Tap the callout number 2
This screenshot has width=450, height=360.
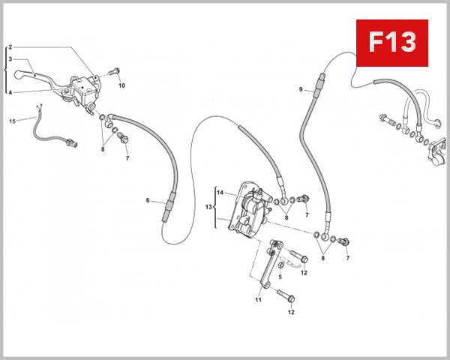point(10,47)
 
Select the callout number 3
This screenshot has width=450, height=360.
point(10,58)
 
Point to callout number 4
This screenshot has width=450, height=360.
point(10,92)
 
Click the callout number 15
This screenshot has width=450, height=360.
point(12,121)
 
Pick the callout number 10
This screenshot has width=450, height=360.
point(121,85)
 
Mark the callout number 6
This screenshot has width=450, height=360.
point(148,200)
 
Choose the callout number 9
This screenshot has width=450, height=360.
point(300,89)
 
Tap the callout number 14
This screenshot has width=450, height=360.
point(220,193)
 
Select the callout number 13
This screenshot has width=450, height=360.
point(209,206)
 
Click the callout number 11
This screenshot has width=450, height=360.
point(256,300)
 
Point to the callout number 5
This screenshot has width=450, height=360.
point(280,276)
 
